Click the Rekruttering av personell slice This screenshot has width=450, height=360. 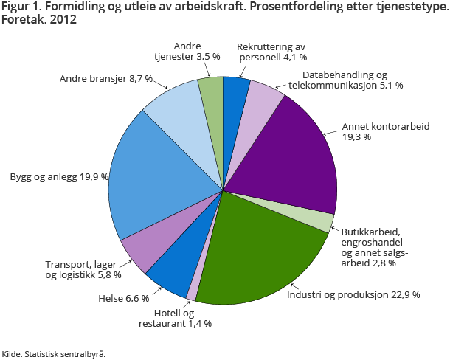pyautogui.click(x=235, y=92)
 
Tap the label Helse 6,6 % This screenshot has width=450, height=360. pyautogui.click(x=123, y=299)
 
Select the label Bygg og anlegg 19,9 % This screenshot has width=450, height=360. pyautogui.click(x=59, y=177)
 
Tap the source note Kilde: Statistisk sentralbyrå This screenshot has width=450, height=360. pyautogui.click(x=54, y=353)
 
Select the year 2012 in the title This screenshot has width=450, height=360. pyautogui.click(x=61, y=20)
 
